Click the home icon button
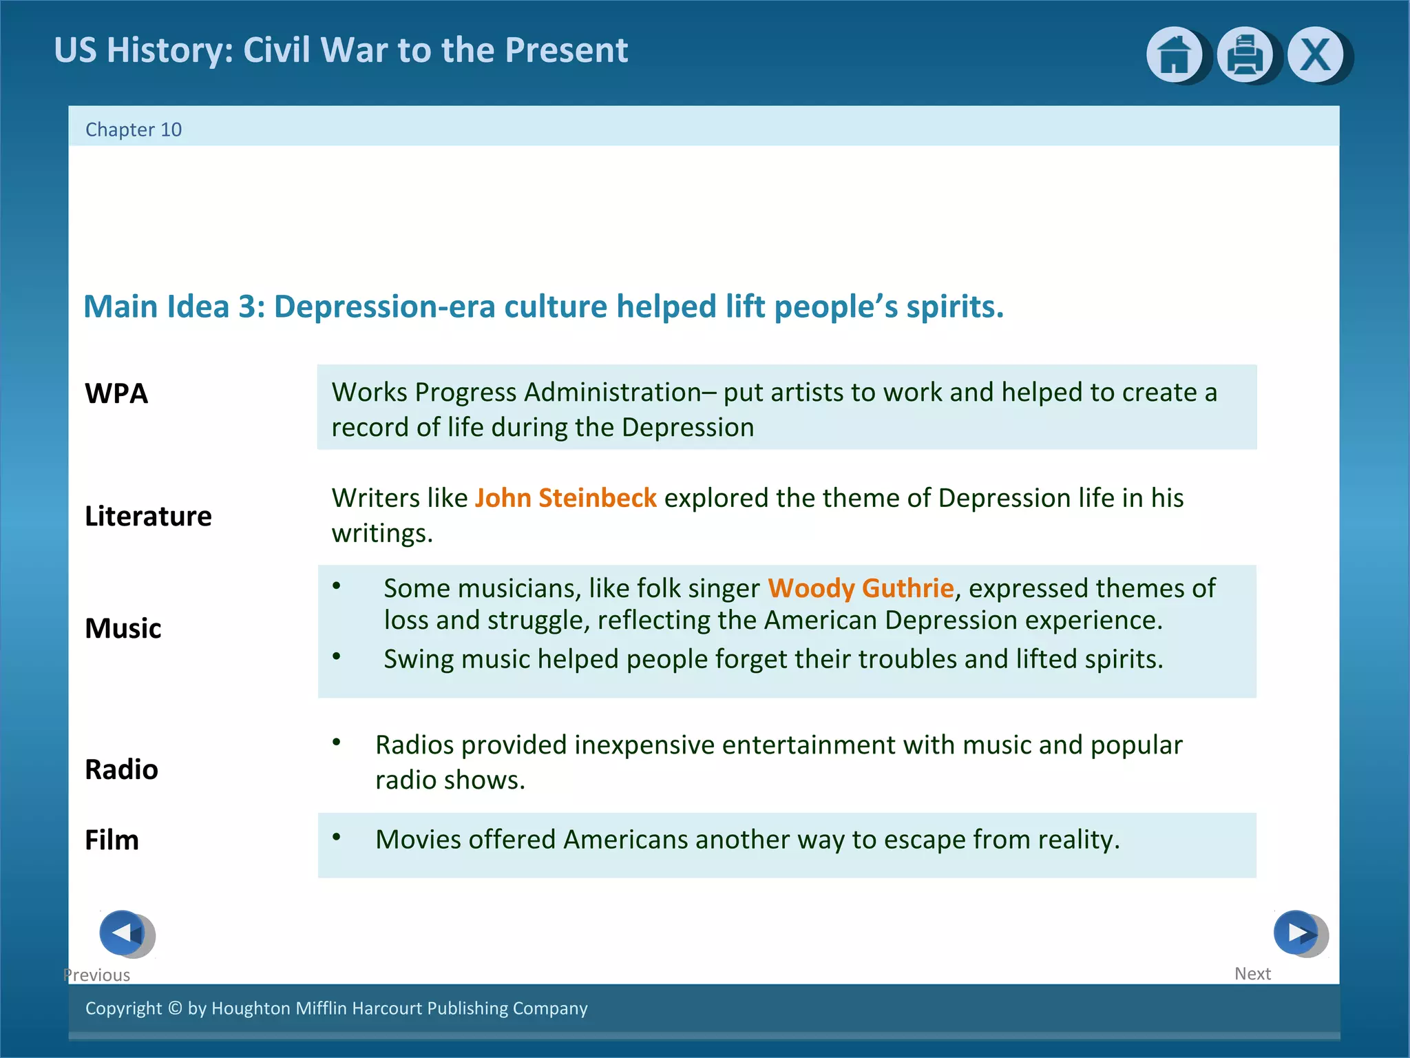coord(1174,54)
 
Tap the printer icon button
coord(1244,54)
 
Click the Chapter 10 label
coord(134,129)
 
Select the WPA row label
coord(116,393)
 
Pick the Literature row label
coord(148,516)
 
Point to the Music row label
coord(123,628)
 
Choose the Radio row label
coord(121,769)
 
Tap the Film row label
coord(112,840)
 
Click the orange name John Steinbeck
coord(565,498)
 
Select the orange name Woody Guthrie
coord(861,588)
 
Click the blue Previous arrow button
coord(123,933)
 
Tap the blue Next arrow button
coord(1296,933)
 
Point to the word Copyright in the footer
coord(123,1008)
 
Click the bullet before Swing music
coord(337,656)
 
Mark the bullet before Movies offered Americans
coord(337,838)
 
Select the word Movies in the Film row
coord(418,840)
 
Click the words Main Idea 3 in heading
coord(174,307)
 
